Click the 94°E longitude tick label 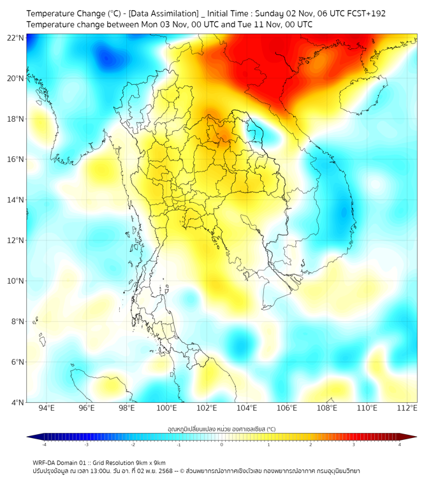pos(47,409)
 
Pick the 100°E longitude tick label pos(166,409)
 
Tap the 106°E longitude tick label pos(287,409)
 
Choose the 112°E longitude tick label pos(407,409)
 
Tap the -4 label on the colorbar pos(44,444)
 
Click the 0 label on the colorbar pos(222,444)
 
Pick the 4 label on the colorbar pos(400,444)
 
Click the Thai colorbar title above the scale pos(221,429)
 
